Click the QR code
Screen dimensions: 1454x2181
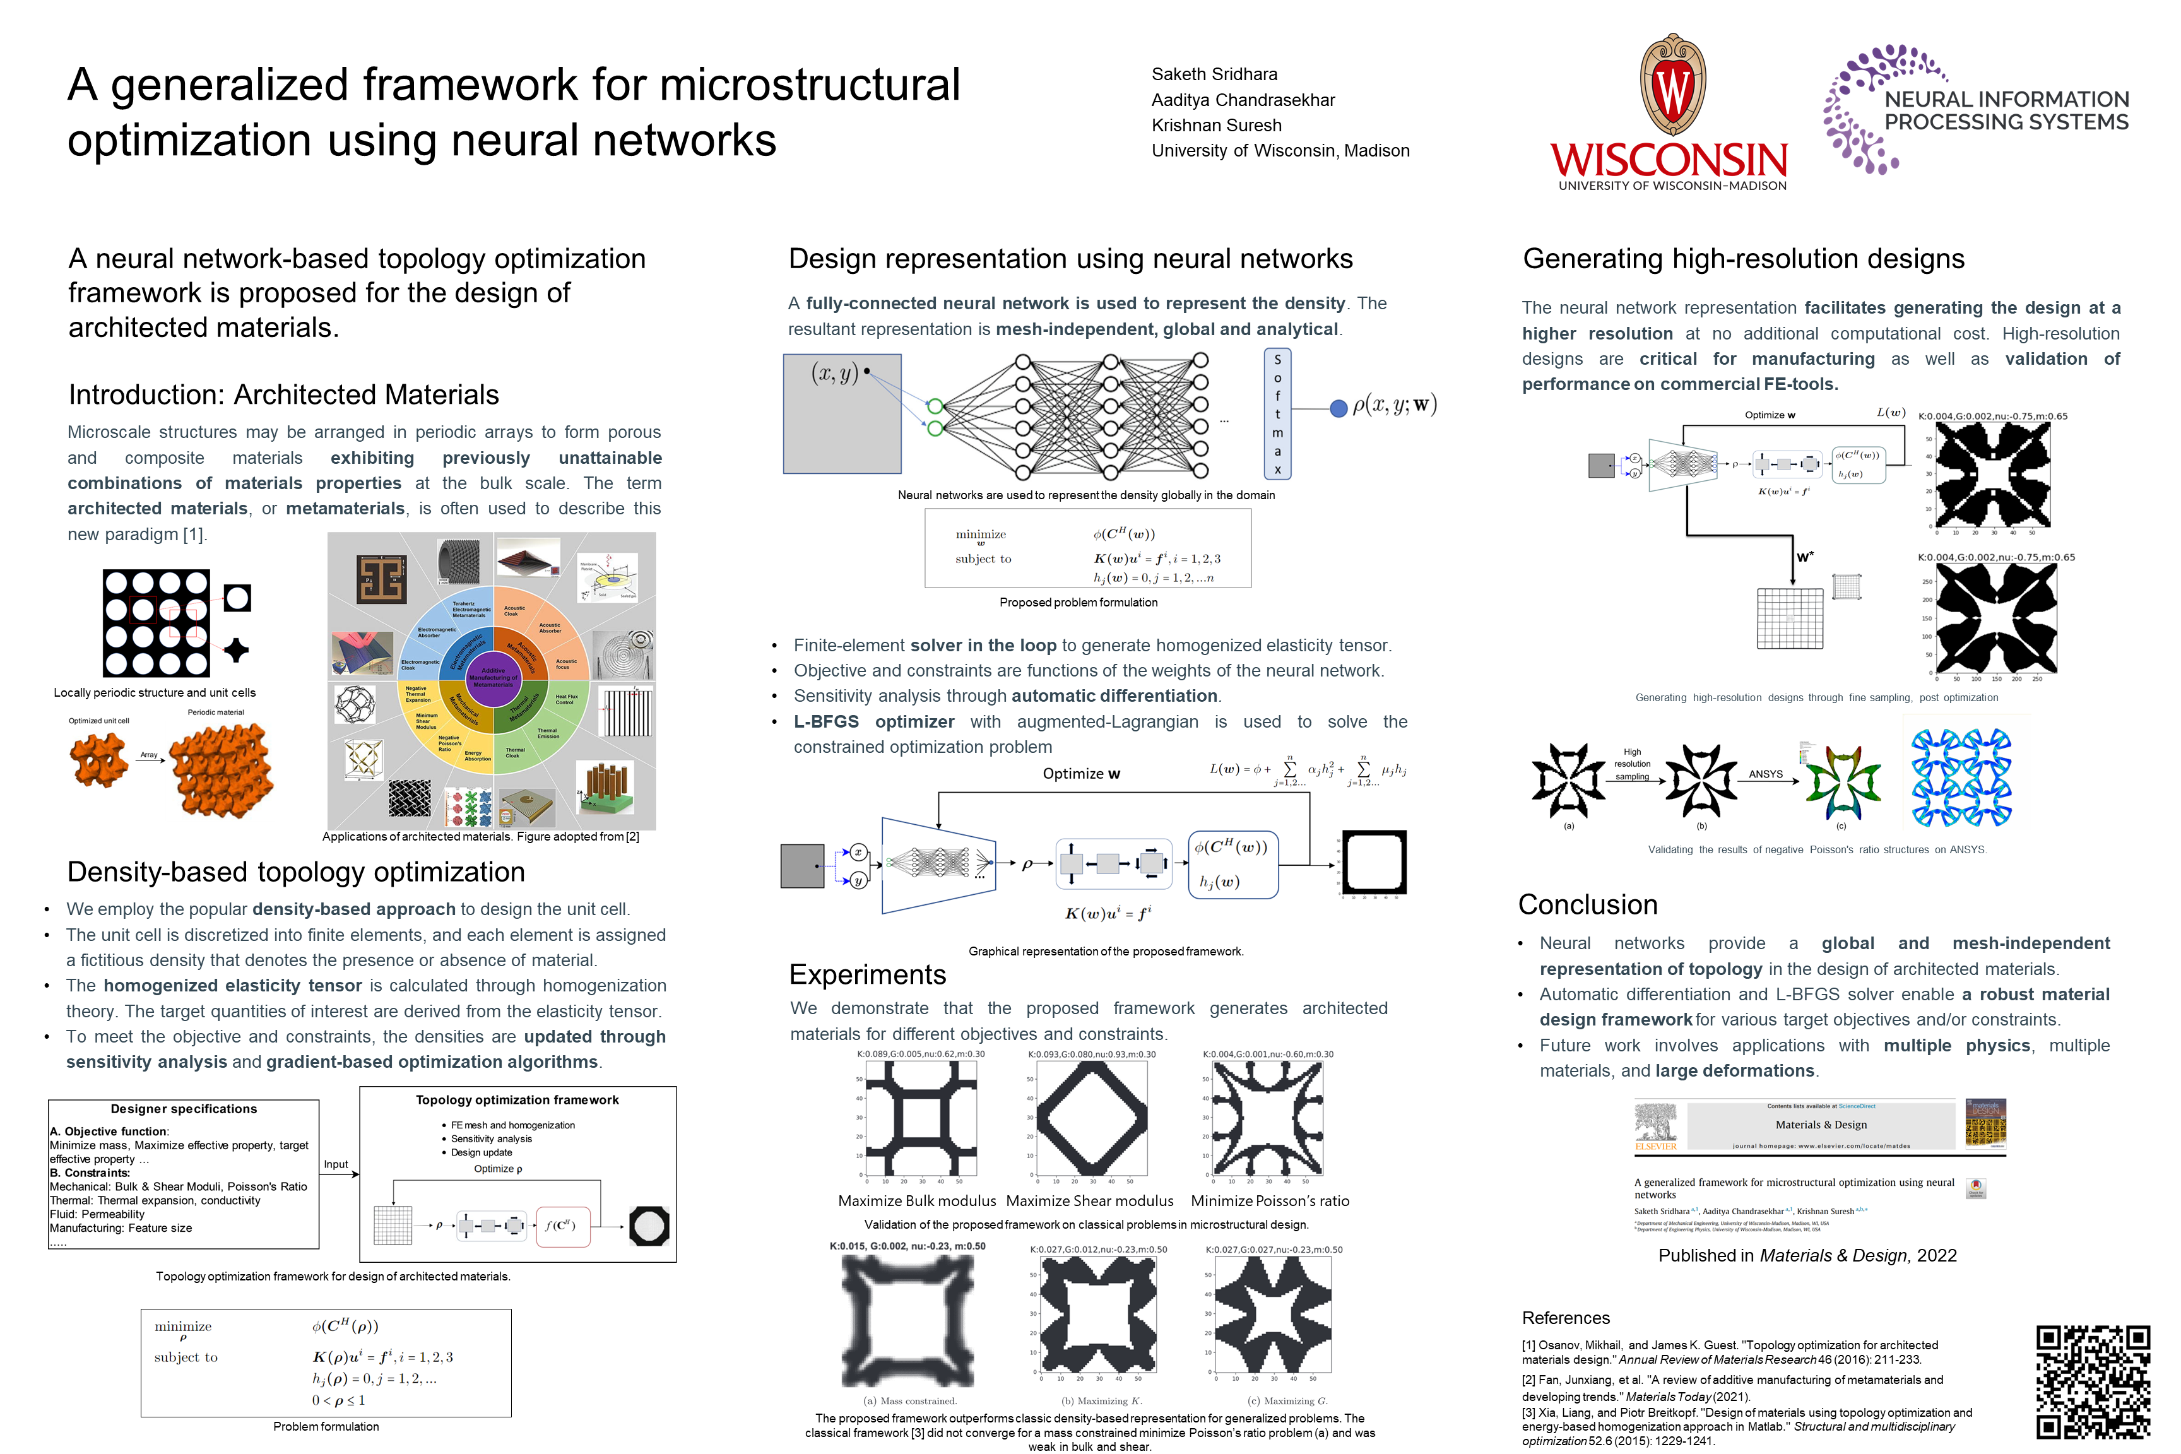pos(2092,1381)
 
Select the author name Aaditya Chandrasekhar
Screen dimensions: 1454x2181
pos(1243,99)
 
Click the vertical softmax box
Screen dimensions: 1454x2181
pos(1277,413)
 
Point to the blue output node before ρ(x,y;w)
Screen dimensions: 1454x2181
pos(1338,408)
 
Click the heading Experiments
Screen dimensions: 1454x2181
pos(867,974)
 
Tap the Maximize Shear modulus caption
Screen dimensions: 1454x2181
pos(1090,1201)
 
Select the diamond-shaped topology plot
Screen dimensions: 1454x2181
pos(1091,1118)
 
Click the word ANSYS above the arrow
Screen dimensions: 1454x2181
pos(1764,773)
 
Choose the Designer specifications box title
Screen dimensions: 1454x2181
pos(184,1109)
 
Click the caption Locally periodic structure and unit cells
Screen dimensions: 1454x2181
pos(155,693)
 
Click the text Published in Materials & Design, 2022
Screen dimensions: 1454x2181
pos(1806,1256)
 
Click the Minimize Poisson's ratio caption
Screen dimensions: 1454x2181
pos(1270,1201)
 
